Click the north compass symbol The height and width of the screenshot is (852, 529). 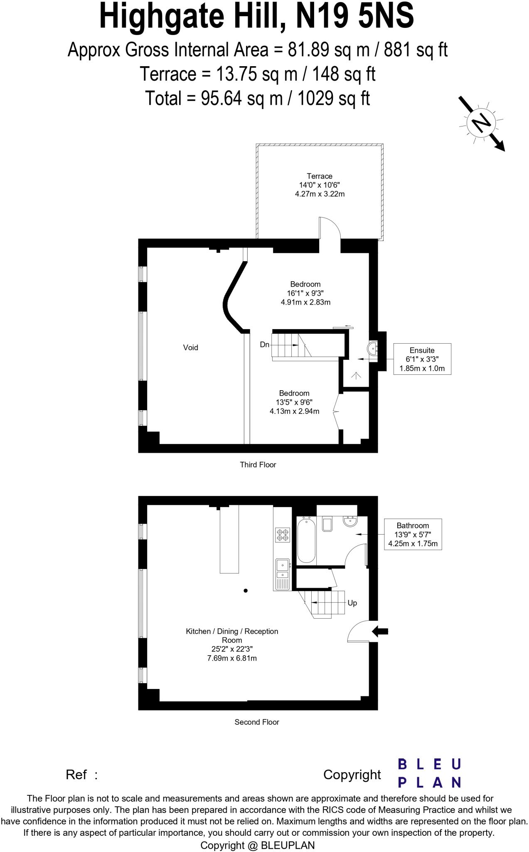481,123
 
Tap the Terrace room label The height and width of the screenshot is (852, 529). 319,176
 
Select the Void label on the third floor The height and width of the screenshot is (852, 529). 190,347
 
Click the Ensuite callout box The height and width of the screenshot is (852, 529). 422,359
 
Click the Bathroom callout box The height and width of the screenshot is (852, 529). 413,534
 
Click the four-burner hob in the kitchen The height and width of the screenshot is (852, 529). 282,535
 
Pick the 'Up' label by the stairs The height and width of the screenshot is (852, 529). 352,603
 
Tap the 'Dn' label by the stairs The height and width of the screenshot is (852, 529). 265,344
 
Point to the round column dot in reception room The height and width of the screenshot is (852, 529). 246,590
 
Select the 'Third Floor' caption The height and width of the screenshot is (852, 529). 258,465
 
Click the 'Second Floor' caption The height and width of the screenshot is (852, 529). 256,722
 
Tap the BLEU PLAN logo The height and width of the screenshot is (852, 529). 429,773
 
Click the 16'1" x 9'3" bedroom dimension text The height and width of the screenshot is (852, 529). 305,293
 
